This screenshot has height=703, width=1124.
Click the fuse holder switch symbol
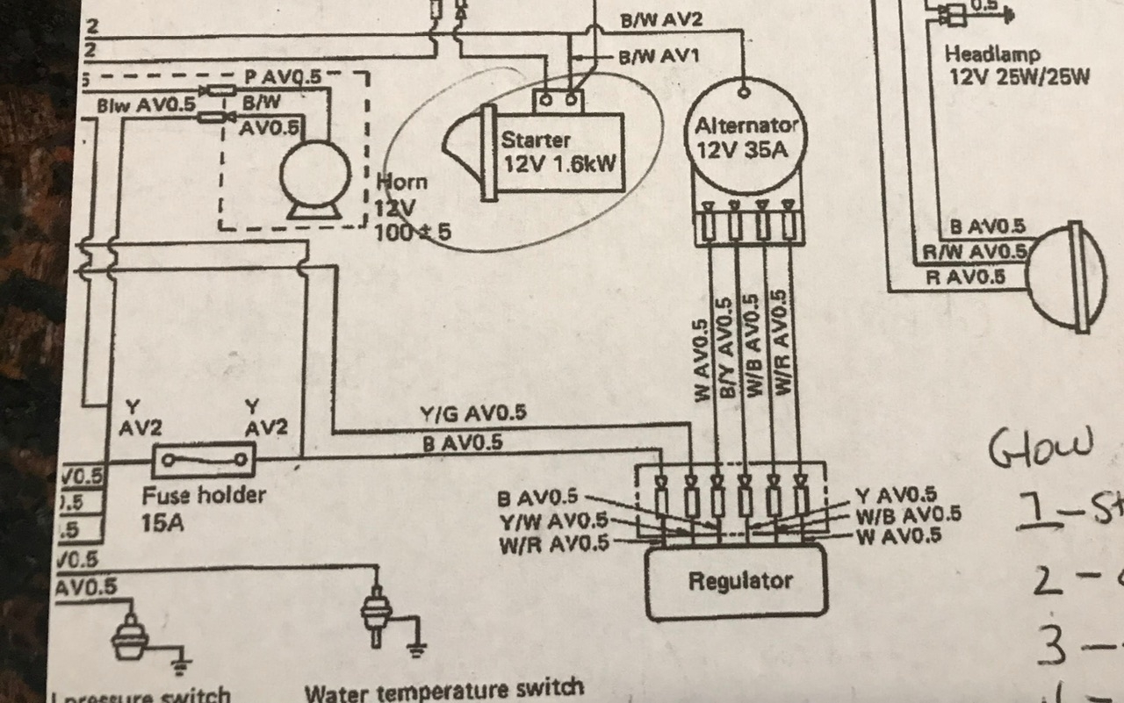(x=204, y=459)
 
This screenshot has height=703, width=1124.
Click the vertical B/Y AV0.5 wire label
(x=725, y=349)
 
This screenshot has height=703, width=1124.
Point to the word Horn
(x=403, y=183)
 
